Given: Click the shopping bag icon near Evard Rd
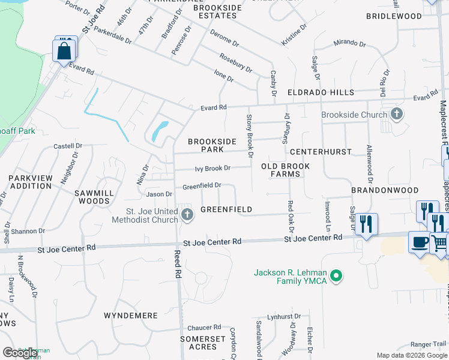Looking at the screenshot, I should [64, 51].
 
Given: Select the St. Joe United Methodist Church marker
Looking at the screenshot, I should [187, 215].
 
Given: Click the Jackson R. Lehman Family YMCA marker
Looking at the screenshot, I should [337, 277].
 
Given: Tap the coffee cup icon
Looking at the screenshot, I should [420, 242].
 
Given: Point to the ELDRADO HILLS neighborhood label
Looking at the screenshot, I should [321, 93].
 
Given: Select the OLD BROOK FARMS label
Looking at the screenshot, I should [286, 170].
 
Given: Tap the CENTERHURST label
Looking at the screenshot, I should [321, 152].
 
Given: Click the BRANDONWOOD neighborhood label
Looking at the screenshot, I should [385, 190].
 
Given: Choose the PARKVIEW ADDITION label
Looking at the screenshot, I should [30, 182].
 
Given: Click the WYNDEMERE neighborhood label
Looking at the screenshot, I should [131, 316].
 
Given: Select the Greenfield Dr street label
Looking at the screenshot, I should [202, 186].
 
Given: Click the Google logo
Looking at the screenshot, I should [20, 353].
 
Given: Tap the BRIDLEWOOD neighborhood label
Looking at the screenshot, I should [394, 16].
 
